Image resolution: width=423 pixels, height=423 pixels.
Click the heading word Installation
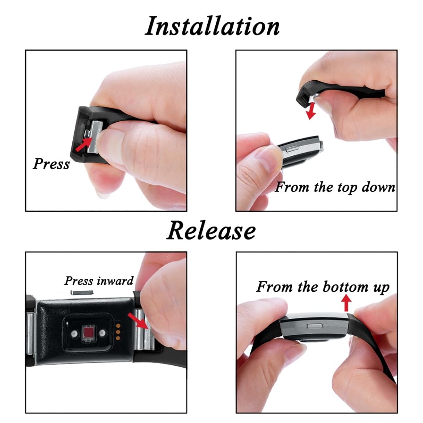pos(212,27)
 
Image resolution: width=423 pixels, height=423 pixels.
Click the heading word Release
pos(211,231)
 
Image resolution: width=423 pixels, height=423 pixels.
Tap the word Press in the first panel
pos(51,164)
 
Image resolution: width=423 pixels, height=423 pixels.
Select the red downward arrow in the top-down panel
pos(311,111)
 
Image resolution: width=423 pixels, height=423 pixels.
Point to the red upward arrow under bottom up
pos(346,302)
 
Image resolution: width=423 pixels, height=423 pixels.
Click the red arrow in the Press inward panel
pos(138,320)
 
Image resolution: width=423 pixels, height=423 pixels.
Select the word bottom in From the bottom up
pos(346,286)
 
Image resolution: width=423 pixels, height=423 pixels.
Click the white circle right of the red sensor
pos(102,333)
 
